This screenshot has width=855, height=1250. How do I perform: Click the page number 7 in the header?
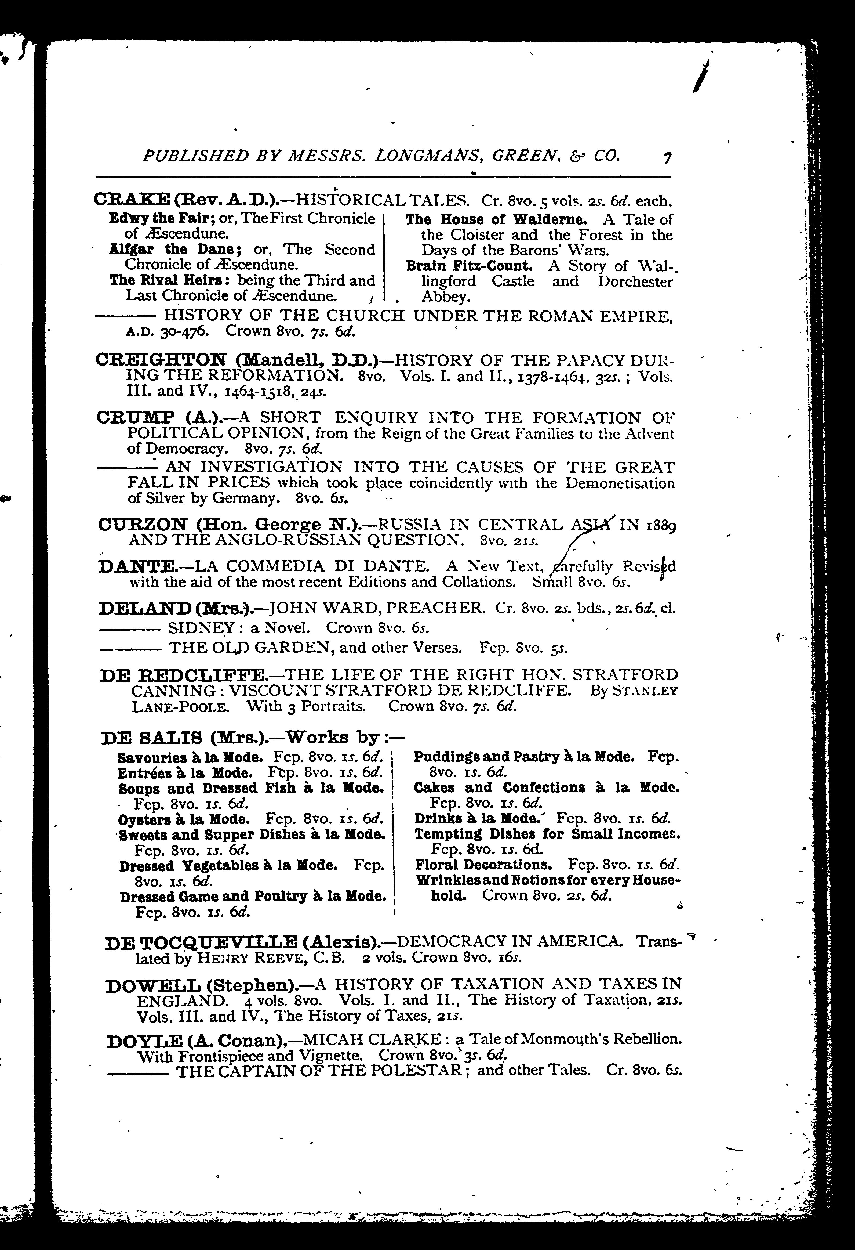click(667, 158)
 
